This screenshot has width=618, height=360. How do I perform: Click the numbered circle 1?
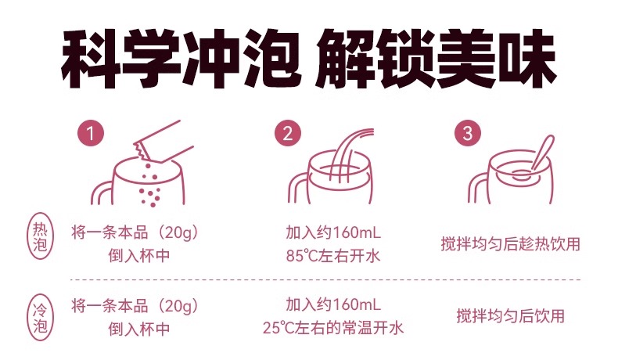[x=90, y=133]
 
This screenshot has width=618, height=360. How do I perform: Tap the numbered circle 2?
[x=288, y=133]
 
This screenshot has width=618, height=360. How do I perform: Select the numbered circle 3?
[x=468, y=133]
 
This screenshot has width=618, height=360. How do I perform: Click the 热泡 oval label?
[x=40, y=236]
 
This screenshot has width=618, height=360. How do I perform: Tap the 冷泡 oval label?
[x=40, y=318]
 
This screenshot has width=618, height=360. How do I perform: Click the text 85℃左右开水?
[x=333, y=256]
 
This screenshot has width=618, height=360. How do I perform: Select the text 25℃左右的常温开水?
[x=333, y=328]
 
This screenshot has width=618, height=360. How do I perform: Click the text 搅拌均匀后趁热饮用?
[x=510, y=244]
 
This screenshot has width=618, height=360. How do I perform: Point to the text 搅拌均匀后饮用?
[x=510, y=316]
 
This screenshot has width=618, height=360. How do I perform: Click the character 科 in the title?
[x=91, y=59]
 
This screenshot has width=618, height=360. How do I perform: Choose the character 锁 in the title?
[x=406, y=59]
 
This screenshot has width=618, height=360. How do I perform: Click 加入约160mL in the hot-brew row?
[x=333, y=232]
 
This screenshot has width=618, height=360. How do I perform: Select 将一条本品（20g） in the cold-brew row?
[x=135, y=306]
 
